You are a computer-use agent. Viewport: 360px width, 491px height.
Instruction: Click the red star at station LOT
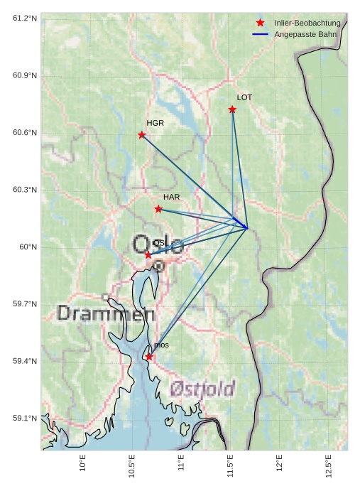232,109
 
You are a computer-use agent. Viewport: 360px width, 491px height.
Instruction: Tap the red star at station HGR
142,135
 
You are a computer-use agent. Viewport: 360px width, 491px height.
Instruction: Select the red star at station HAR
158,209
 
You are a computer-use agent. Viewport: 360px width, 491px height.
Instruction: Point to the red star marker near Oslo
148,254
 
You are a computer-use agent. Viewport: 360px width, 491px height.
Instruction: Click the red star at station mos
149,357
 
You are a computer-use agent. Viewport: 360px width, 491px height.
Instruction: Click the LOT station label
244,97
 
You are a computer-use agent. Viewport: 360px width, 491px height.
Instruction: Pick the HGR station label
155,123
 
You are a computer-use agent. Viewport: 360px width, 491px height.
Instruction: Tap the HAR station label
171,197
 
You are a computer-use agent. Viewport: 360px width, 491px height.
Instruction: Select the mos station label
161,345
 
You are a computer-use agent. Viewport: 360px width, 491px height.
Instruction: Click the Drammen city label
106,313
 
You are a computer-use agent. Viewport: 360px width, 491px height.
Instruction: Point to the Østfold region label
202,389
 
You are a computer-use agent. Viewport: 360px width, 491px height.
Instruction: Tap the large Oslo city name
158,245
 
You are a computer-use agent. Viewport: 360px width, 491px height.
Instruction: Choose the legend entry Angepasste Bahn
305,34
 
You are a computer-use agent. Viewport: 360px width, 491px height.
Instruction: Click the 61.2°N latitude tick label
25,18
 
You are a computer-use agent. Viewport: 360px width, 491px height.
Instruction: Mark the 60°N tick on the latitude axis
28,247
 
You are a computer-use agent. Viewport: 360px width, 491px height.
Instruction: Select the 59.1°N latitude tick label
25,419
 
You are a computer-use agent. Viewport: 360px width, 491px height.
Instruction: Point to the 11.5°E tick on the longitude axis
230,466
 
